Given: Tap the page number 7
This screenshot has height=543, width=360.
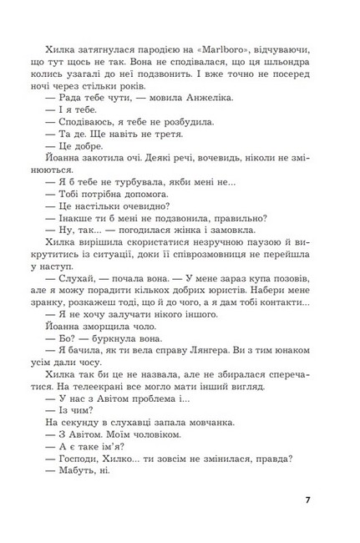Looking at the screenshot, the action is pyautogui.click(x=308, y=501).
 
